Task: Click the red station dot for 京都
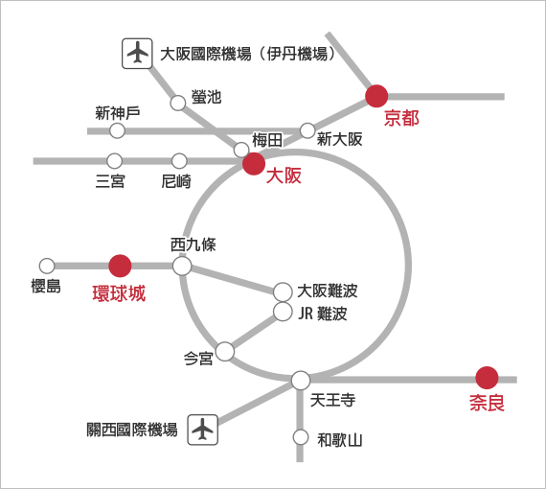tap(376, 96)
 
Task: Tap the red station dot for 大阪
tap(254, 163)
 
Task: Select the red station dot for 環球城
tap(120, 266)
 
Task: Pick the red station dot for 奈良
tap(487, 378)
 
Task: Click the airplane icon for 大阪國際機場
tap(137, 54)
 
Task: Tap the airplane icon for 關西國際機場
tap(203, 430)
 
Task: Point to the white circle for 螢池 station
tap(178, 104)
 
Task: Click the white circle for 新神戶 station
tap(118, 131)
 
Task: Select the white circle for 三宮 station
tap(115, 161)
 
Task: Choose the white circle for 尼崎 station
tap(179, 161)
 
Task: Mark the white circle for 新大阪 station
tap(307, 130)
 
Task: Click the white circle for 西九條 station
tap(182, 267)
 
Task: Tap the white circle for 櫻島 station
tap(47, 267)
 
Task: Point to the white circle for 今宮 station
tap(225, 352)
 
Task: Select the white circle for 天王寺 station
tap(301, 381)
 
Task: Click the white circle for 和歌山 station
tap(301, 437)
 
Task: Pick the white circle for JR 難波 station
tap(283, 312)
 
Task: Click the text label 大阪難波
tap(328, 291)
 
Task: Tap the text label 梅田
tap(267, 140)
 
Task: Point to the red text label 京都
tap(401, 118)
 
